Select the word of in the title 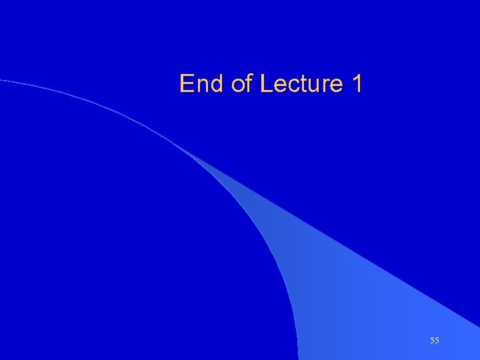tap(242, 84)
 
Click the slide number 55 tap(435, 341)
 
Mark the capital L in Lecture tap(266, 84)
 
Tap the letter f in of tap(250, 84)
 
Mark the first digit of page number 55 tap(432, 341)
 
